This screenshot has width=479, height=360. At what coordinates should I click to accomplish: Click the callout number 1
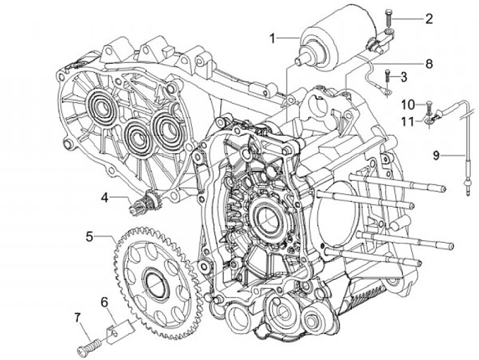[x=272, y=38]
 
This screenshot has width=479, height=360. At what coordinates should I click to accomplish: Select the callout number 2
[x=428, y=19]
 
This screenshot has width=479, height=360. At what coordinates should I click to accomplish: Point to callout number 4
[x=104, y=197]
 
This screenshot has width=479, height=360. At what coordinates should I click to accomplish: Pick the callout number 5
[x=90, y=236]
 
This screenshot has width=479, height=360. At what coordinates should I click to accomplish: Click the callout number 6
[x=104, y=302]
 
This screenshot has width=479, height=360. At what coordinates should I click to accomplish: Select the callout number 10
[x=407, y=104]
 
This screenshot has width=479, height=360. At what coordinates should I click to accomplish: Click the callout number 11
[x=407, y=120]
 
